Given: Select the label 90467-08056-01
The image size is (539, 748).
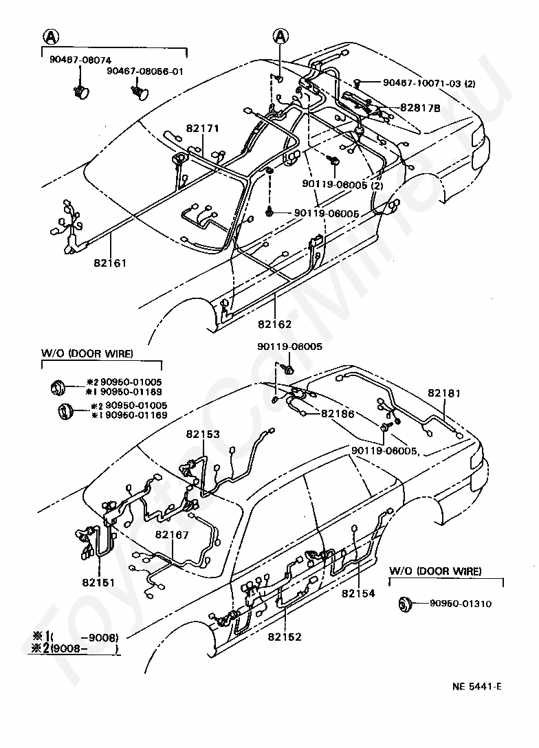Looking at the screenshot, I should (145, 71).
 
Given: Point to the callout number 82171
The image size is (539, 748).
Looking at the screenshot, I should (203, 129).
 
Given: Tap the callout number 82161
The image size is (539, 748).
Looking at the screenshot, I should (111, 261).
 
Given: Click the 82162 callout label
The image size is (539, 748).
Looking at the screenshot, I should (275, 324).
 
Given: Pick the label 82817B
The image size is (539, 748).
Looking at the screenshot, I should (417, 108).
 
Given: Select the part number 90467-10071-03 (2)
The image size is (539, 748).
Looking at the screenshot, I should (429, 83).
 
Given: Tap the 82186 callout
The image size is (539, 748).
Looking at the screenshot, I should (338, 415).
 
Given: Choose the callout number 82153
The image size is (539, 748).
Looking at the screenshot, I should (202, 434).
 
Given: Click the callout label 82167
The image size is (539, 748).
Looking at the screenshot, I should (172, 534).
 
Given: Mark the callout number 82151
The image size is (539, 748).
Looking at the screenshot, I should (99, 582).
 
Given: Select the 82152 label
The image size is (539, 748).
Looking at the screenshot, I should (285, 637).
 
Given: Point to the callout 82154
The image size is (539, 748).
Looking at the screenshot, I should (358, 593).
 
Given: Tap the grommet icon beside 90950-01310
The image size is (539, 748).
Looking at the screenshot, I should (406, 604).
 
